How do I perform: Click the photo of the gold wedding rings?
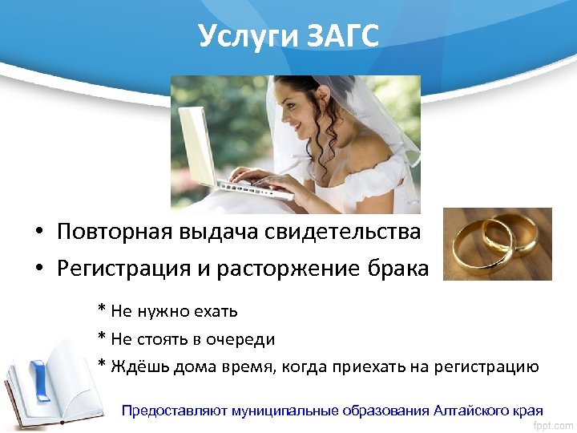pyautogui.click(x=498, y=244)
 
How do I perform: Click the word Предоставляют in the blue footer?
pyautogui.click(x=174, y=411)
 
